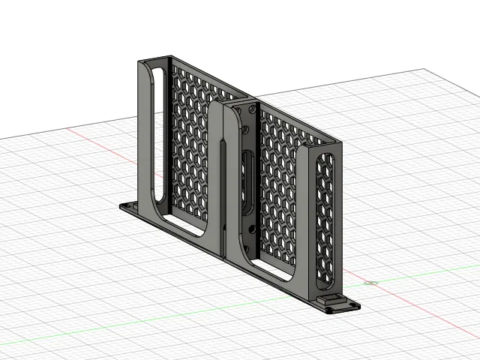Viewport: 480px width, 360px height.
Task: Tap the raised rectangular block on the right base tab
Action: (330, 300)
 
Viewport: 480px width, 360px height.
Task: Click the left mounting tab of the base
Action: (127, 205)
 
